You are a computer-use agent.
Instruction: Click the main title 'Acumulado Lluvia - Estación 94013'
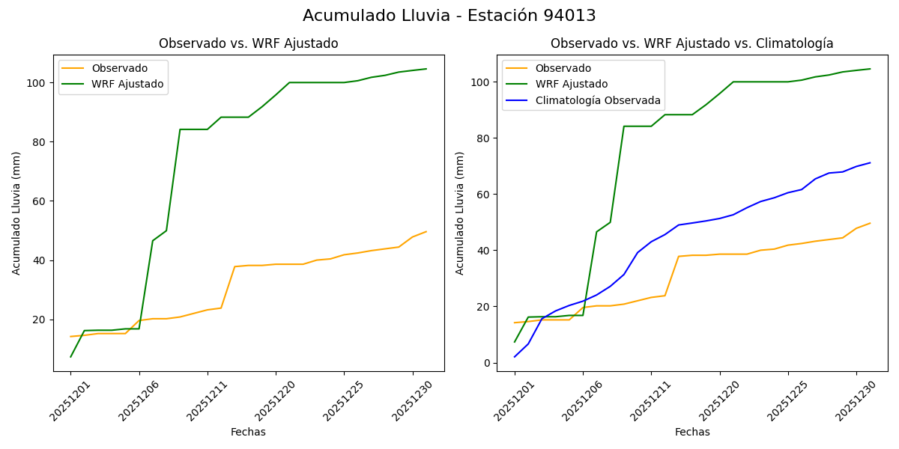(449, 16)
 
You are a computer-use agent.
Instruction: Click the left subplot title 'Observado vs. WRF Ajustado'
(248, 43)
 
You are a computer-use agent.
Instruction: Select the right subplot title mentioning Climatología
(691, 43)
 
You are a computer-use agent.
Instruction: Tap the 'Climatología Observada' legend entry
(596, 100)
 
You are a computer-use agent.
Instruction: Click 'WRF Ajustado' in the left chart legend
(127, 84)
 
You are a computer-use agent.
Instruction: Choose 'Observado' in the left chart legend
(118, 68)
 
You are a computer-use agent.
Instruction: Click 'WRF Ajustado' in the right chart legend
(571, 84)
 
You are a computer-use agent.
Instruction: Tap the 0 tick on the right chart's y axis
(488, 363)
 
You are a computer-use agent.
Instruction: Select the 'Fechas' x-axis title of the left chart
(248, 432)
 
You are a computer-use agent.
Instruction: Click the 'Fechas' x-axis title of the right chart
(691, 432)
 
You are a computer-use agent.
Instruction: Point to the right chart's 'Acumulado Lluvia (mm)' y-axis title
(460, 213)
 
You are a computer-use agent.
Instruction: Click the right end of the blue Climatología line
(870, 162)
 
